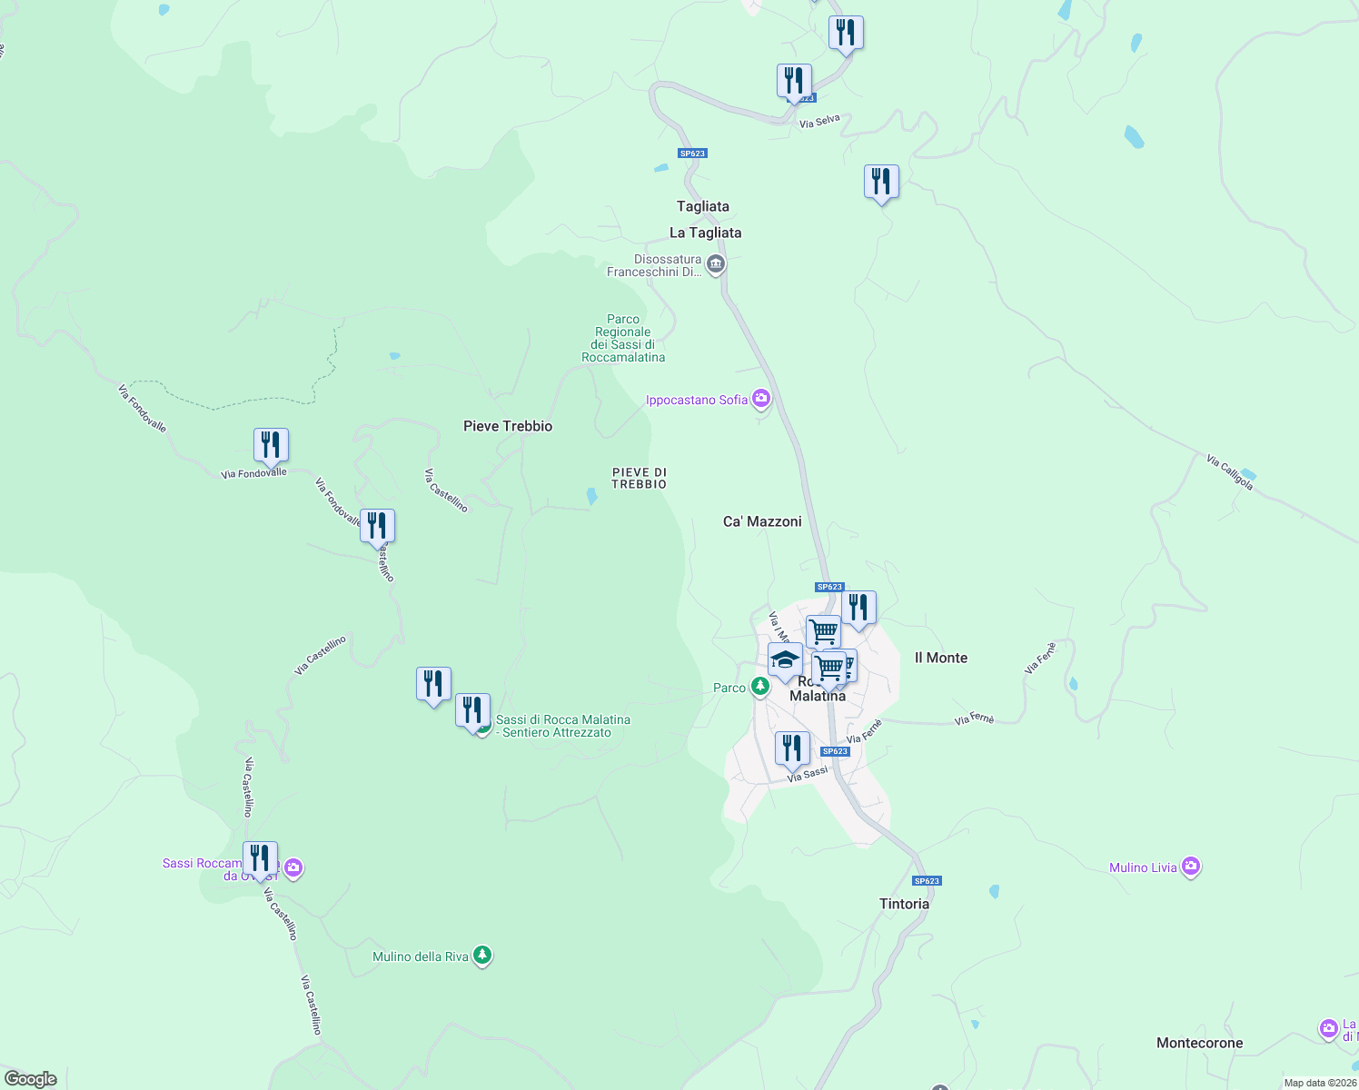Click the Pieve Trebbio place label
point(508,426)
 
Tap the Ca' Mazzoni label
point(762,521)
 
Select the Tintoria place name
point(904,904)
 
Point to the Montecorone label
point(1199,1043)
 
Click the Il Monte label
point(940,658)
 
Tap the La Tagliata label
point(705,233)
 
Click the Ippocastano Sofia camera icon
point(761,399)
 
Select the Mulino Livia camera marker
point(1191,867)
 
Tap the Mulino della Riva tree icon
point(482,956)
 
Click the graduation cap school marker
point(785,660)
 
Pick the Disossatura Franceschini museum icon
point(716,264)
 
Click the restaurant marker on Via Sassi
point(792,749)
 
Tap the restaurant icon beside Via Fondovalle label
point(271,446)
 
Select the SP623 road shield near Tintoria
point(927,881)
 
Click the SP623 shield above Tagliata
point(692,154)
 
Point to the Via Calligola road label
point(1230,472)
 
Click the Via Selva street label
point(819,121)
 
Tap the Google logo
point(31,1079)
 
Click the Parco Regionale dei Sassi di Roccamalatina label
point(623,338)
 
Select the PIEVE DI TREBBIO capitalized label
point(640,478)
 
